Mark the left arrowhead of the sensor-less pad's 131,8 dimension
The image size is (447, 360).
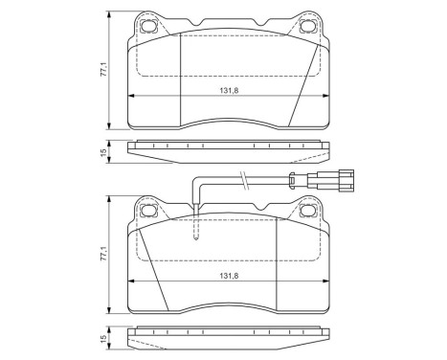(131, 98)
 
